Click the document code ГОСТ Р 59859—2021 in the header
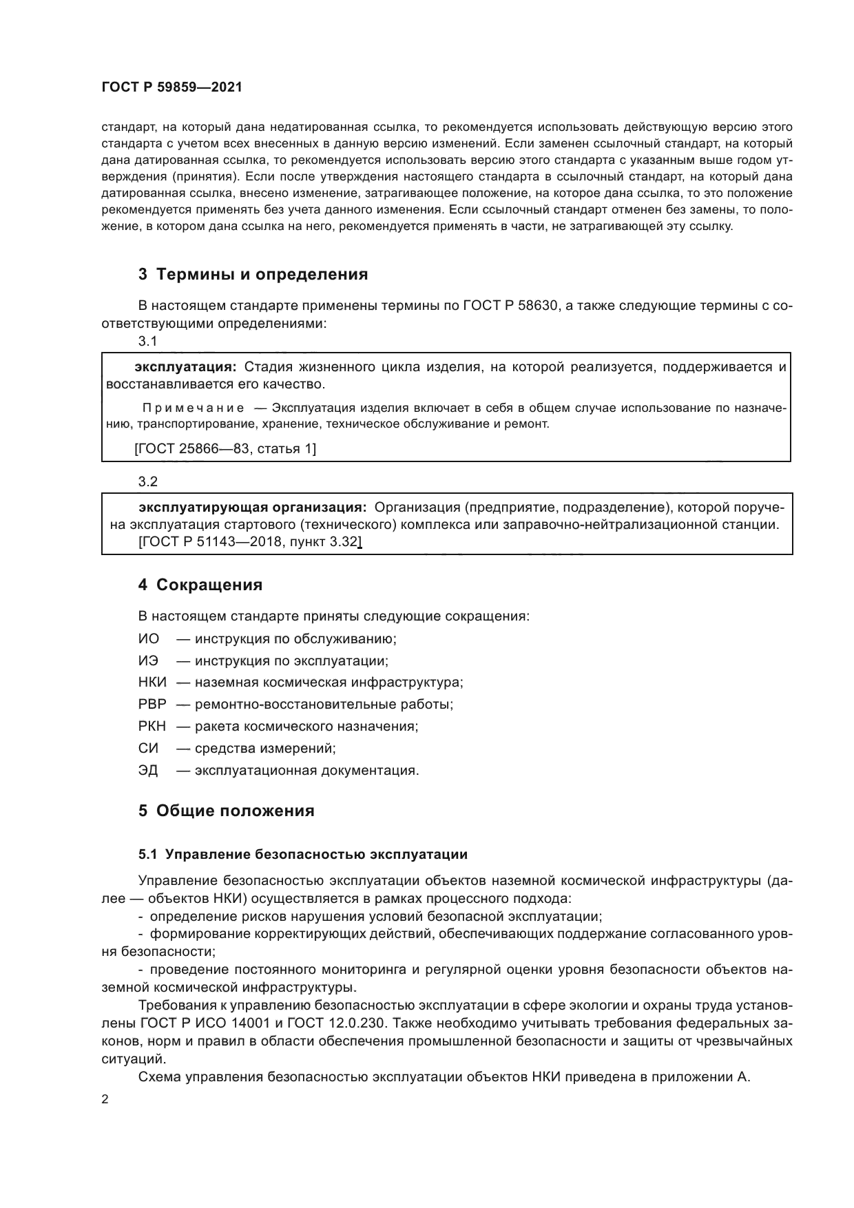171,87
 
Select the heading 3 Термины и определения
253,274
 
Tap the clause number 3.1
147,341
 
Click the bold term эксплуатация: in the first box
186,366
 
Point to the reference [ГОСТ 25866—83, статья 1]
225,449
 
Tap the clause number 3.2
147,481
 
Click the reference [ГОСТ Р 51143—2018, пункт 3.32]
249,542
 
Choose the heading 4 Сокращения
200,585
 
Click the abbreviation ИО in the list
148,638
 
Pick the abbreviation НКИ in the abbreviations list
152,683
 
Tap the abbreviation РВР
152,705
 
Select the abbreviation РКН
152,726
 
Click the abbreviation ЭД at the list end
148,770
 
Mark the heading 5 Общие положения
226,811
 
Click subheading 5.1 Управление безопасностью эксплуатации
302,855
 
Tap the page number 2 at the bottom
105,1099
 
